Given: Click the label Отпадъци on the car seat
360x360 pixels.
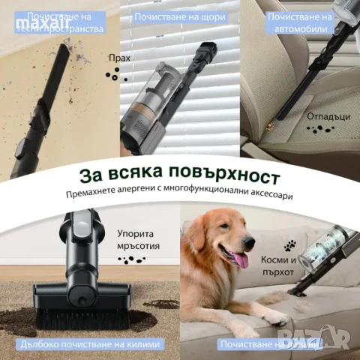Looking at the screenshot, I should (326, 117).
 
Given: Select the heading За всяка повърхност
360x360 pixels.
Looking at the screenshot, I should (180, 177).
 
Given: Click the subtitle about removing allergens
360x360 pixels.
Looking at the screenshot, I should (180, 197).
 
